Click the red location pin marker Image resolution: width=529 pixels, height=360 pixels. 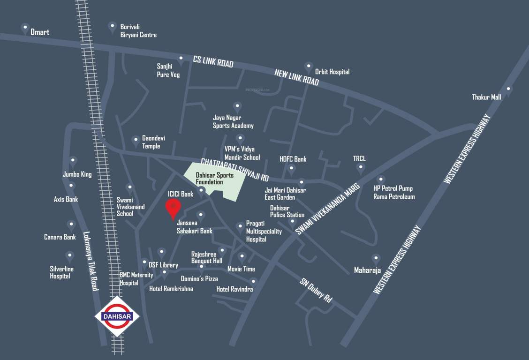coord(173,208)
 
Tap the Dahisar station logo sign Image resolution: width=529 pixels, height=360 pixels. coord(117,316)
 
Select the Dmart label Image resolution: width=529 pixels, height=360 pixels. coord(40,32)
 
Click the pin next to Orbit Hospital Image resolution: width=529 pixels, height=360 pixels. coord(308,67)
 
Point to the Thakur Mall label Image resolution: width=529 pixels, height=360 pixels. coord(486,97)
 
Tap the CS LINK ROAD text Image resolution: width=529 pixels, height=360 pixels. coord(213,61)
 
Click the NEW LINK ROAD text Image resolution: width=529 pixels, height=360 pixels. coord(296,77)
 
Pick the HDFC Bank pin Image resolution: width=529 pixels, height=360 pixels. coord(291,168)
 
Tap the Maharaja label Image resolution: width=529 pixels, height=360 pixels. coord(367,270)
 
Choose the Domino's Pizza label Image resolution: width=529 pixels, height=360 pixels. coord(199,279)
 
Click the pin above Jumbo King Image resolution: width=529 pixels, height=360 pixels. coord(73,161)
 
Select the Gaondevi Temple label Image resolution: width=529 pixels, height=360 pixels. coord(154,142)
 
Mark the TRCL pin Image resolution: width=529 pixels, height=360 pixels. coord(361,168)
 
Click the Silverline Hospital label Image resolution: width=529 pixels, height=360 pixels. coord(60,272)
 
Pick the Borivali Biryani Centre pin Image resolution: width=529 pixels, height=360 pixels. coord(112,26)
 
